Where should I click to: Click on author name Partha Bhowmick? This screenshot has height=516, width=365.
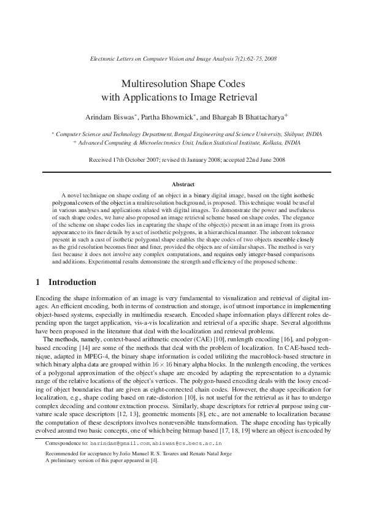(x=167, y=116)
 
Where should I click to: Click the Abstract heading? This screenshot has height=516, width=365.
(x=183, y=184)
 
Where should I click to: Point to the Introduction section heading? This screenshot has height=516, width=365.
(x=72, y=283)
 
